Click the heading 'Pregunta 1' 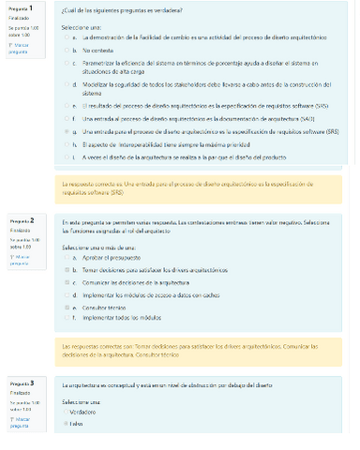pos(22,8)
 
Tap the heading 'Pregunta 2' pos(22,220)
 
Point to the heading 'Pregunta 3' pos(22,384)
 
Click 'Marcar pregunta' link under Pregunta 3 pos(20,423)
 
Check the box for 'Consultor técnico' pos(65,307)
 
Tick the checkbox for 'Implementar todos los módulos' pos(65,319)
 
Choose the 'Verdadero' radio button pos(65,412)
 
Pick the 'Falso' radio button pos(65,424)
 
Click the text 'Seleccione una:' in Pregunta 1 pos(80,28)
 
